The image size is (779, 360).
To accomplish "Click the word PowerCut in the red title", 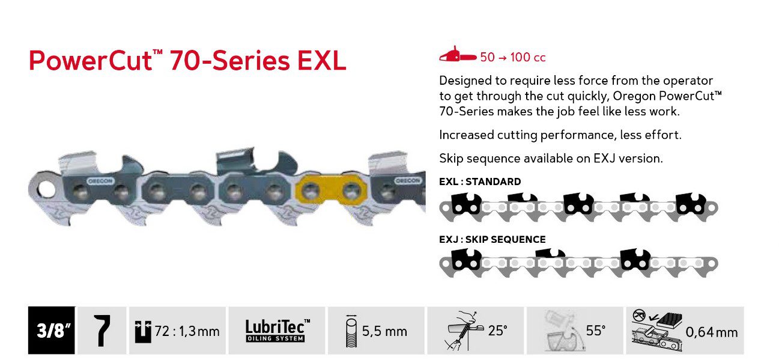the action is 91,61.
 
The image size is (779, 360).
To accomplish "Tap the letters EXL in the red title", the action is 322,61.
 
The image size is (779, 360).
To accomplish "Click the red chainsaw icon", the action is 458,55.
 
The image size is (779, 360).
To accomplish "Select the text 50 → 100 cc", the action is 512,57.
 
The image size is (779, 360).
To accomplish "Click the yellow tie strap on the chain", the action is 330,189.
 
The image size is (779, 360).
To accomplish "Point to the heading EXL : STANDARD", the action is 480,182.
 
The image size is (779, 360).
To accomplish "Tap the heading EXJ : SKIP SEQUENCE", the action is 493,239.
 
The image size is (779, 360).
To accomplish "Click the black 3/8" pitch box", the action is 52,330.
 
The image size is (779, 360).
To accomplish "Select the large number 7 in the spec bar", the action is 102,331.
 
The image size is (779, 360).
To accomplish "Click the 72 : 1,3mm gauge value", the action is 187,331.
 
